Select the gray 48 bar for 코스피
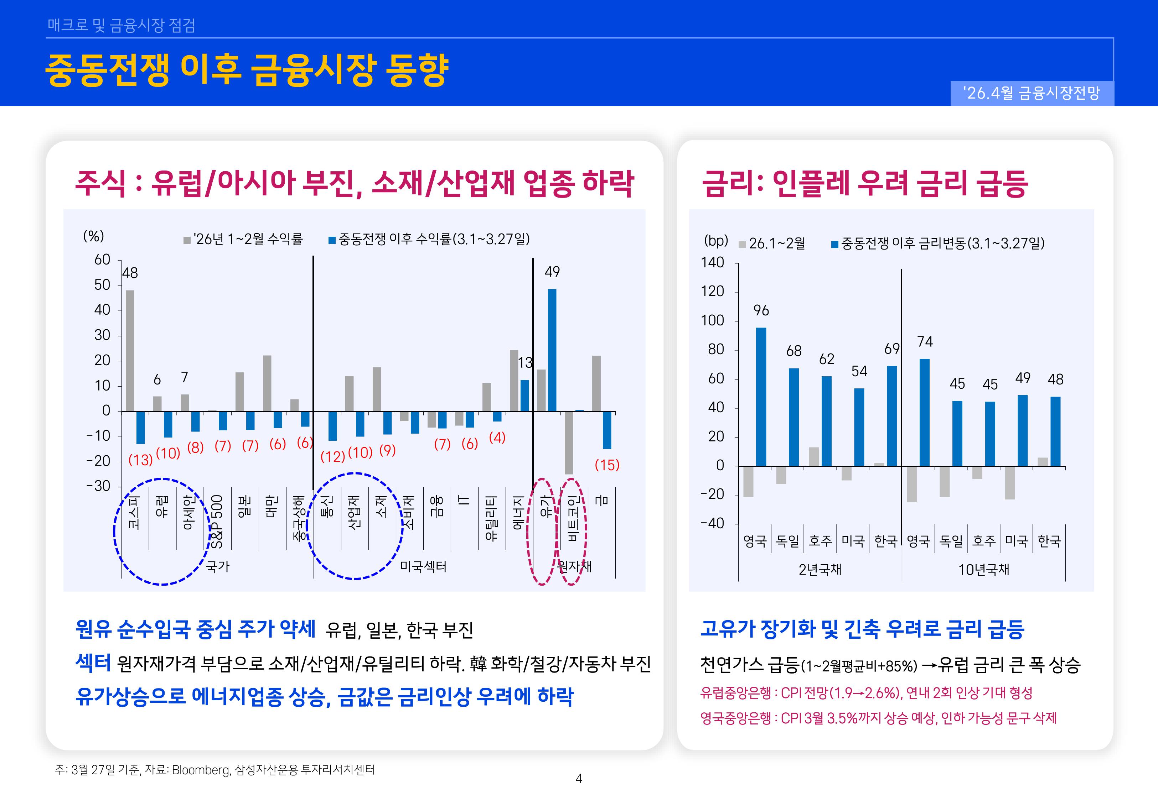tap(130, 350)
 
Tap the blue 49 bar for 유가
tap(552, 350)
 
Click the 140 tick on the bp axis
tap(713, 262)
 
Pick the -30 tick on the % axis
tap(98, 486)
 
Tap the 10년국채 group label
tap(983, 570)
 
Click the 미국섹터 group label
tap(423, 567)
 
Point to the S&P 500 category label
tap(216, 522)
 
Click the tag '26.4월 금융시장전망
tap(1032, 93)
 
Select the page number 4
tap(579, 779)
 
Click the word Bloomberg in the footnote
tap(200, 770)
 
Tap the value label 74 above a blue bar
tap(925, 342)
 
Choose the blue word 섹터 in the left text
tap(93, 663)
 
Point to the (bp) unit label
tap(715, 241)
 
